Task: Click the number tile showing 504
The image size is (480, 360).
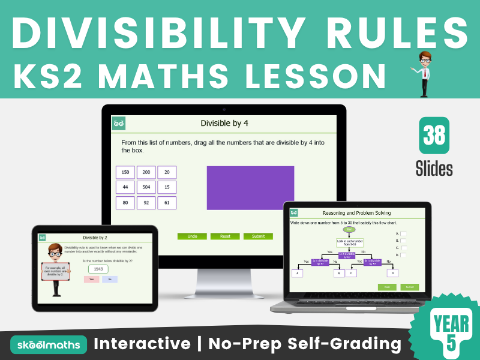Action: point(146,187)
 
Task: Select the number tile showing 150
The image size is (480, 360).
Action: point(125,172)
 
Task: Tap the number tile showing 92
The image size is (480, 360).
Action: point(146,203)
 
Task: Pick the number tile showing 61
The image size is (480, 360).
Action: point(167,203)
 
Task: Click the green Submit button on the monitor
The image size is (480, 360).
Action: point(258,236)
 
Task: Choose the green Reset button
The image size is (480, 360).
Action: point(225,236)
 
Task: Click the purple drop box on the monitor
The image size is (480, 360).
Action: point(250,188)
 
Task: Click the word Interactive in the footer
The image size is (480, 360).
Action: point(142,344)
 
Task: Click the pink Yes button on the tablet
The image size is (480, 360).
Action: point(91,280)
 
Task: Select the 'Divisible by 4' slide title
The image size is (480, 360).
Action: point(224,124)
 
